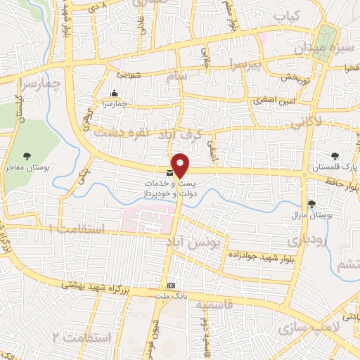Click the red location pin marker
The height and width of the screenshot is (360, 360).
point(181,166)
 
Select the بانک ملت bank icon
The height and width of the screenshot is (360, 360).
point(172,285)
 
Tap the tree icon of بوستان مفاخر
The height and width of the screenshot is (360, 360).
point(27,156)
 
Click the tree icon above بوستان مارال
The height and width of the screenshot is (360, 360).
point(311,203)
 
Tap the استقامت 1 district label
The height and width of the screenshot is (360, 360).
point(77,230)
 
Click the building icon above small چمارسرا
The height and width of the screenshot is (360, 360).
point(113,94)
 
